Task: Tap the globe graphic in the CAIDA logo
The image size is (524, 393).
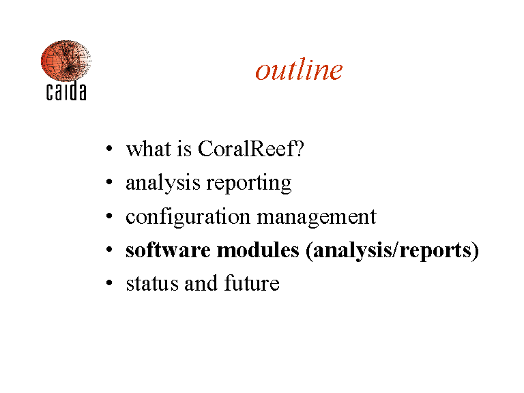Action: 65,61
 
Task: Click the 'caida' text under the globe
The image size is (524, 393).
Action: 66,91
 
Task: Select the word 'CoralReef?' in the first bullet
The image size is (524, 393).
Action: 251,148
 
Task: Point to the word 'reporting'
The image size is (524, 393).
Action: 249,184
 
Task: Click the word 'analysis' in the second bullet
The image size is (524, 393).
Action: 163,184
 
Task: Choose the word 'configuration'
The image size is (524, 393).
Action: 188,217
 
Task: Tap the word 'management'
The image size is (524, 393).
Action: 317,218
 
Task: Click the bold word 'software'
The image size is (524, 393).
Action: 168,250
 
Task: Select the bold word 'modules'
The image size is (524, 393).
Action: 258,250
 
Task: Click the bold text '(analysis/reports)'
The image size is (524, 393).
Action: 392,251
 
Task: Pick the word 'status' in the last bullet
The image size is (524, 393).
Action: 152,284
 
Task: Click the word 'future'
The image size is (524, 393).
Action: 252,283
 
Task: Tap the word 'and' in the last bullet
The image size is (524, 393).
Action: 201,283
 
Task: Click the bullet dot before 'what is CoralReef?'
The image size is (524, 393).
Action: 109,148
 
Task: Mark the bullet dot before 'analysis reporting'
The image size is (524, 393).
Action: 109,182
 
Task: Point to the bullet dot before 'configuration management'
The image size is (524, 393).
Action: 109,216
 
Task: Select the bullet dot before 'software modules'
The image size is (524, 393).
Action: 109,250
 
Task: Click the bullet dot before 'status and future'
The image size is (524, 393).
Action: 109,283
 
